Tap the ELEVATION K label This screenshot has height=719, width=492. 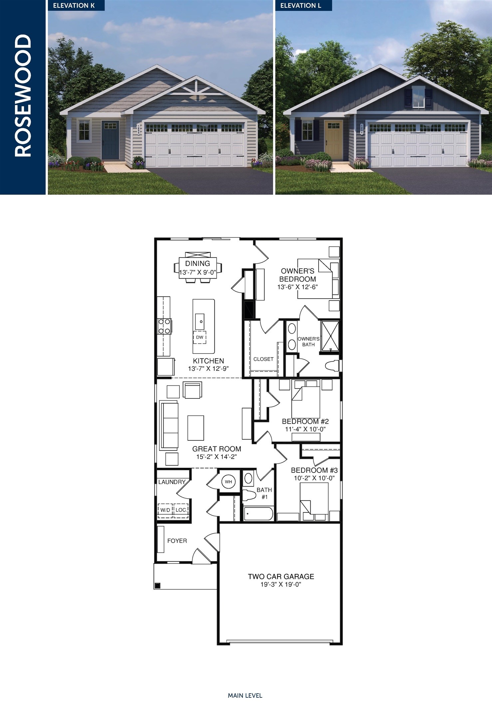74,5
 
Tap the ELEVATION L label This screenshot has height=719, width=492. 301,5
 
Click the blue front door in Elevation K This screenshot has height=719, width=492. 110,140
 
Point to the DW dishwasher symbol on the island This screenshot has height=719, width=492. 200,337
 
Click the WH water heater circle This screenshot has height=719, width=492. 228,482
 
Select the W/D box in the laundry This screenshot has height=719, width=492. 165,510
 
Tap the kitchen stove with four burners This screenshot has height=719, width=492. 164,326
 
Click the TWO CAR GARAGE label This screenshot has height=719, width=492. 281,577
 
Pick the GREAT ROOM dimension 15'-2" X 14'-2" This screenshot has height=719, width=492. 216,457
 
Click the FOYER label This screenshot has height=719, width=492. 177,541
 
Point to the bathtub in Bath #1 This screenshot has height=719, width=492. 258,514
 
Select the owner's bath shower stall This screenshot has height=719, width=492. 330,336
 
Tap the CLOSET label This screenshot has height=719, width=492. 263,359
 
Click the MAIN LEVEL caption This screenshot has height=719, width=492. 245,695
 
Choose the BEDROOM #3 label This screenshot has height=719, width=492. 314,470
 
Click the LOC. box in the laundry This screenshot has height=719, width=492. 181,510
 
